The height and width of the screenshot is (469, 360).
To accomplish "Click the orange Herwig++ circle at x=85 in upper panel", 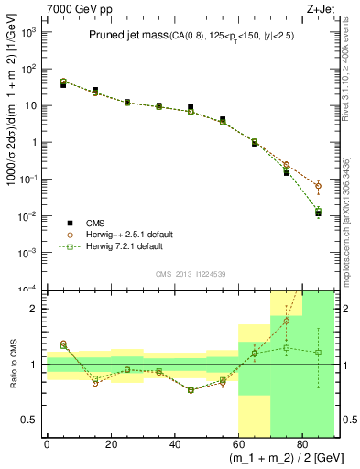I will click(x=318, y=186).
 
